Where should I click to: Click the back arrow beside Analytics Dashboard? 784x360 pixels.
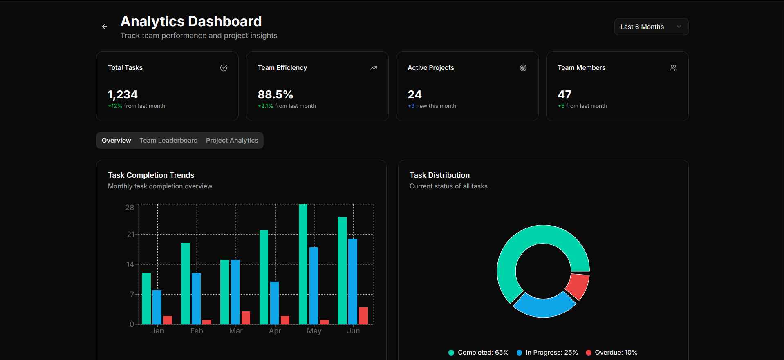pyautogui.click(x=105, y=27)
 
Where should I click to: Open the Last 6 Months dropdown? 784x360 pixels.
pyautogui.click(x=651, y=27)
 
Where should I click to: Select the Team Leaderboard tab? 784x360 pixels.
pyautogui.click(x=168, y=140)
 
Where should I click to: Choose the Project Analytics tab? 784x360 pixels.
pyautogui.click(x=232, y=140)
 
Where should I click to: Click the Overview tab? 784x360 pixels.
pyautogui.click(x=116, y=140)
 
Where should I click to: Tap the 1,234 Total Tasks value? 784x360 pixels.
pyautogui.click(x=123, y=94)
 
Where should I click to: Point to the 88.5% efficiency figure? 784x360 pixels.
pyautogui.click(x=275, y=94)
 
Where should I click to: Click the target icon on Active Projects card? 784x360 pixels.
pyautogui.click(x=523, y=68)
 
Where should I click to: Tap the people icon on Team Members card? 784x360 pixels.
pyautogui.click(x=673, y=68)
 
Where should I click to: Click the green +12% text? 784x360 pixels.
pyautogui.click(x=115, y=106)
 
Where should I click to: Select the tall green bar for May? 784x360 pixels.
pyautogui.click(x=303, y=264)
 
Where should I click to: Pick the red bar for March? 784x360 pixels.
pyautogui.click(x=246, y=318)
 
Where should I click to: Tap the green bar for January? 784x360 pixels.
pyautogui.click(x=146, y=298)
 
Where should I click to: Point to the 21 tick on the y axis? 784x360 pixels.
pyautogui.click(x=130, y=235)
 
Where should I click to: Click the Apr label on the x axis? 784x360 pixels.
pyautogui.click(x=275, y=331)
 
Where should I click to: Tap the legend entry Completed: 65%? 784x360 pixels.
pyautogui.click(x=479, y=352)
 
